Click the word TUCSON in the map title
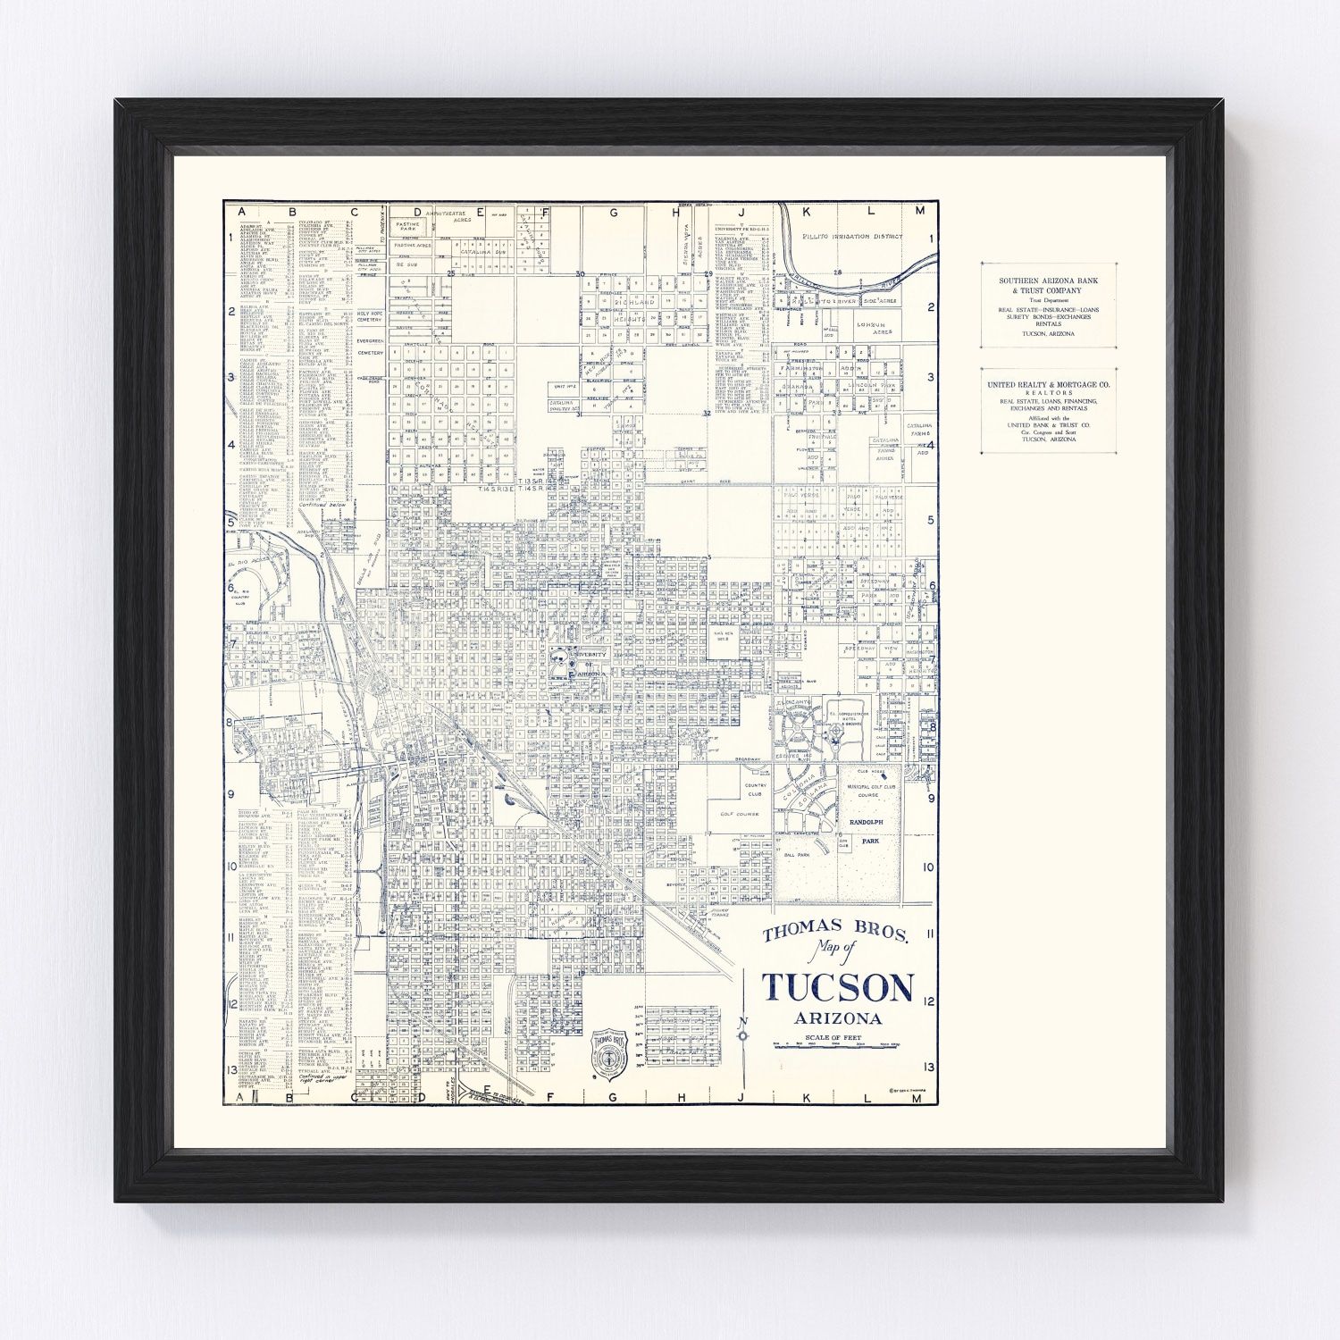[x=838, y=987]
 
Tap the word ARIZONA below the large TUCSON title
[x=838, y=1018]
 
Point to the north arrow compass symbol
[x=742, y=1034]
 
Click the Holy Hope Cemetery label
[x=370, y=317]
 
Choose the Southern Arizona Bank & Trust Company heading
[x=1049, y=285]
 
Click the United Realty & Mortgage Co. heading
[x=1049, y=384]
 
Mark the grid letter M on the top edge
[x=919, y=211]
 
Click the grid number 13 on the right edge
[x=929, y=1067]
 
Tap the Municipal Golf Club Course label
[x=867, y=790]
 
